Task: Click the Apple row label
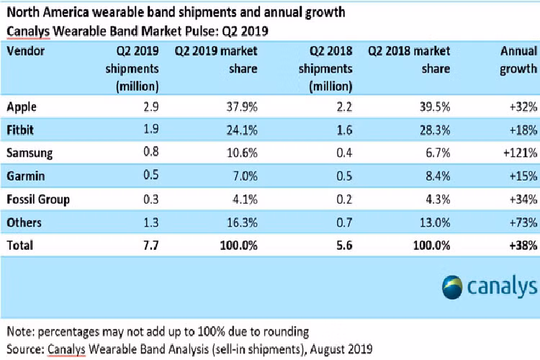pyautogui.click(x=21, y=107)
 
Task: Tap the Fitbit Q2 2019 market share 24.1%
pyautogui.click(x=238, y=130)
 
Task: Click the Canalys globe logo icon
pyautogui.click(x=456, y=286)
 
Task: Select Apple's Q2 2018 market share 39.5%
pyautogui.click(x=434, y=107)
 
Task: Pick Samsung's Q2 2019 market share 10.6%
pyautogui.click(x=238, y=153)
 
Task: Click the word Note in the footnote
pyautogui.click(x=22, y=332)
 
